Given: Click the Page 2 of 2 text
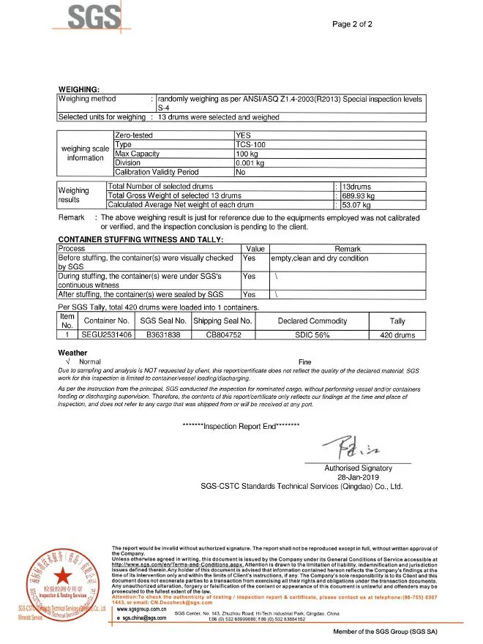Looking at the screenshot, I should tap(352, 24).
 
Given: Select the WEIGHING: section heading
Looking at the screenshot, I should tap(78, 89).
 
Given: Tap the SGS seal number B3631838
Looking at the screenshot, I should tap(162, 334).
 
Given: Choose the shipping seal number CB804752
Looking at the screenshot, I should tap(222, 334).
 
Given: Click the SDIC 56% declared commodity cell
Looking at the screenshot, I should tap(312, 334).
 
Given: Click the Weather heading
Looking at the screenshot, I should tap(72, 353).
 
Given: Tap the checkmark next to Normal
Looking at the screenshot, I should tap(67, 362).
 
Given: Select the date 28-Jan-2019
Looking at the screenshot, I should tap(358, 476).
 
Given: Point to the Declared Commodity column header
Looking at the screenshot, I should tap(312, 321).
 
